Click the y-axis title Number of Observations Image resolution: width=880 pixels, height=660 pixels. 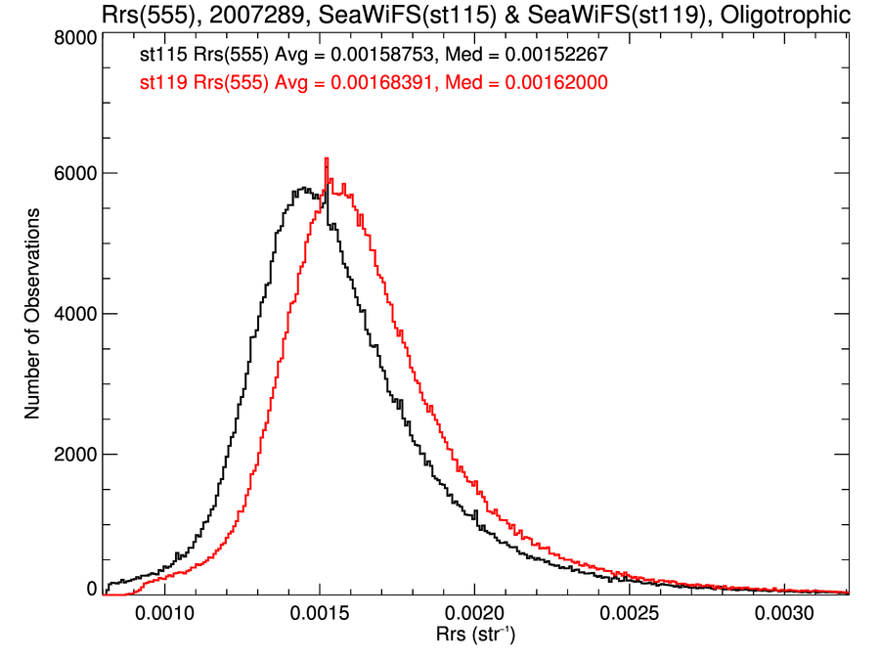click(32, 314)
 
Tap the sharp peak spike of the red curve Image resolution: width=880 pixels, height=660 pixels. click(326, 159)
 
